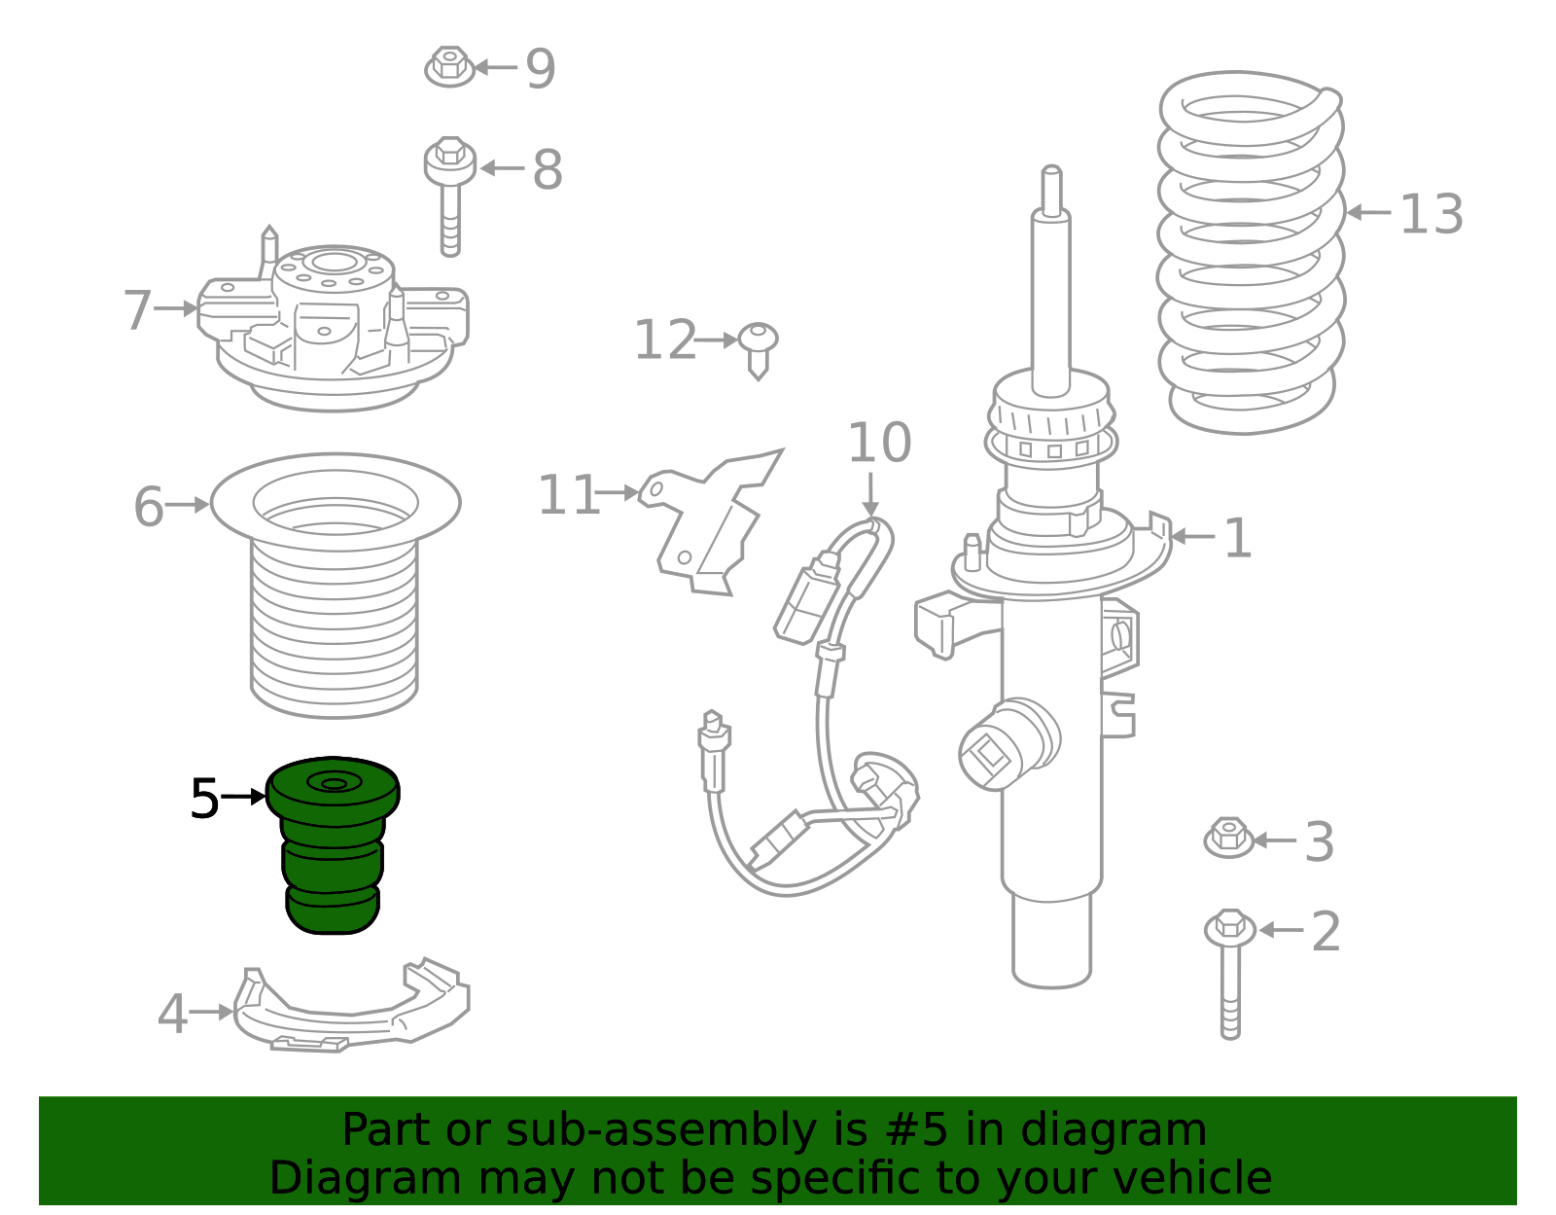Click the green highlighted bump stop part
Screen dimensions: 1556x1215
tap(333, 844)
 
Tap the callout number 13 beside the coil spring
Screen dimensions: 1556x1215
tap(1431, 214)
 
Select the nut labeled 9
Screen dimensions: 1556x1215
tap(449, 66)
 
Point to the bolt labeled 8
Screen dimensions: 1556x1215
tap(449, 196)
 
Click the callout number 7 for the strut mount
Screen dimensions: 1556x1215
tap(137, 309)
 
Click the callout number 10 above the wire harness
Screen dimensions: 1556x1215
tap(879, 443)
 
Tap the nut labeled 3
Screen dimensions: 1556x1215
tap(1229, 838)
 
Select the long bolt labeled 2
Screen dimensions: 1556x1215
tap(1230, 974)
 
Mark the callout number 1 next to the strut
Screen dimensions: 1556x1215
tap(1238, 538)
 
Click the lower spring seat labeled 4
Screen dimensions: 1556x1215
tap(351, 1008)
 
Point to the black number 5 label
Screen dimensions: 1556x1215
tap(204, 799)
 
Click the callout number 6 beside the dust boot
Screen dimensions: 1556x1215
tap(149, 506)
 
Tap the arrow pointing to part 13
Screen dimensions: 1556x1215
tap(1368, 213)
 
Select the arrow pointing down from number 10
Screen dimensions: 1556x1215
tap(870, 494)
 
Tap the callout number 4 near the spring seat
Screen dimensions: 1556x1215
tap(172, 1014)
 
